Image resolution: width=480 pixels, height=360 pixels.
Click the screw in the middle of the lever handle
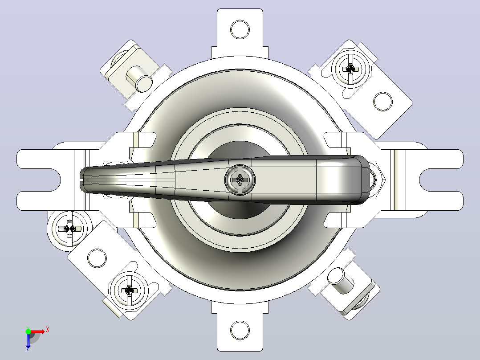(240, 180)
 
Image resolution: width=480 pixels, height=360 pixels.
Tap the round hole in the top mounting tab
(240, 29)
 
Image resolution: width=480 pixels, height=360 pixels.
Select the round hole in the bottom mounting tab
(240, 330)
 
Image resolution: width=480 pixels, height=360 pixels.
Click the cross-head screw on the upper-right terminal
(351, 69)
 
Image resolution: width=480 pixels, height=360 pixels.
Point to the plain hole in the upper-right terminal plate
(382, 102)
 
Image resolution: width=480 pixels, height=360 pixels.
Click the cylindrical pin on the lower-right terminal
(340, 280)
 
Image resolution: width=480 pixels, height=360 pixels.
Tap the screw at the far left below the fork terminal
(69, 228)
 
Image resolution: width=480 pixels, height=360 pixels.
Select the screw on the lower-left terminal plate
(130, 290)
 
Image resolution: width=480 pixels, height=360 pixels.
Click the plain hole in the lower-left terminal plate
(97, 258)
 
